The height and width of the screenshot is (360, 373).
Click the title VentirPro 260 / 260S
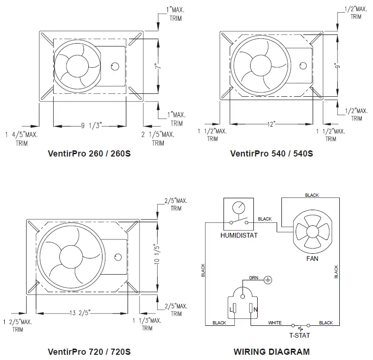89,154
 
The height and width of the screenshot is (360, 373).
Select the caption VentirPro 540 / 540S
271,154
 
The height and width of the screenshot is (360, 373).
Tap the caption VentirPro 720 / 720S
89,352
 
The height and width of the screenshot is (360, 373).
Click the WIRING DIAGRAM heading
271,352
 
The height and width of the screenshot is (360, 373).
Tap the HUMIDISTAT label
239,236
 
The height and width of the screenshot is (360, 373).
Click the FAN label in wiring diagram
312,259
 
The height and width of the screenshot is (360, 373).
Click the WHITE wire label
275,323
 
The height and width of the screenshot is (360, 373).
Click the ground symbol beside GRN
267,281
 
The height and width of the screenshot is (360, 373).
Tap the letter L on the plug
232,309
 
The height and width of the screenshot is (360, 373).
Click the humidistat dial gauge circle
239,207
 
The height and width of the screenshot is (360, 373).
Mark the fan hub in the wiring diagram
312,231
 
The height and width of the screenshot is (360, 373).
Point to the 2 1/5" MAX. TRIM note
158,138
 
